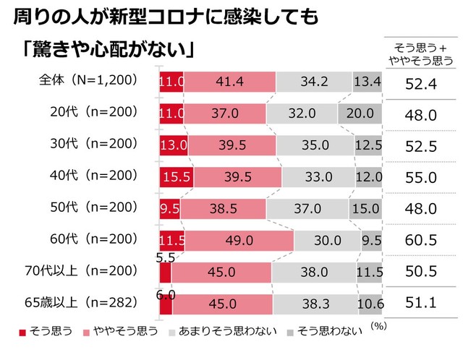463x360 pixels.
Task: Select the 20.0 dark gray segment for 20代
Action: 360,113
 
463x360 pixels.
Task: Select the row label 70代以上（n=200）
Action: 86,270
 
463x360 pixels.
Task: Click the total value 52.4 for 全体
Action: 420,84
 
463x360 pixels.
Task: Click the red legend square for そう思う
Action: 22,332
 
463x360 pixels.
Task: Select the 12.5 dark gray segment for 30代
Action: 368,145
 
